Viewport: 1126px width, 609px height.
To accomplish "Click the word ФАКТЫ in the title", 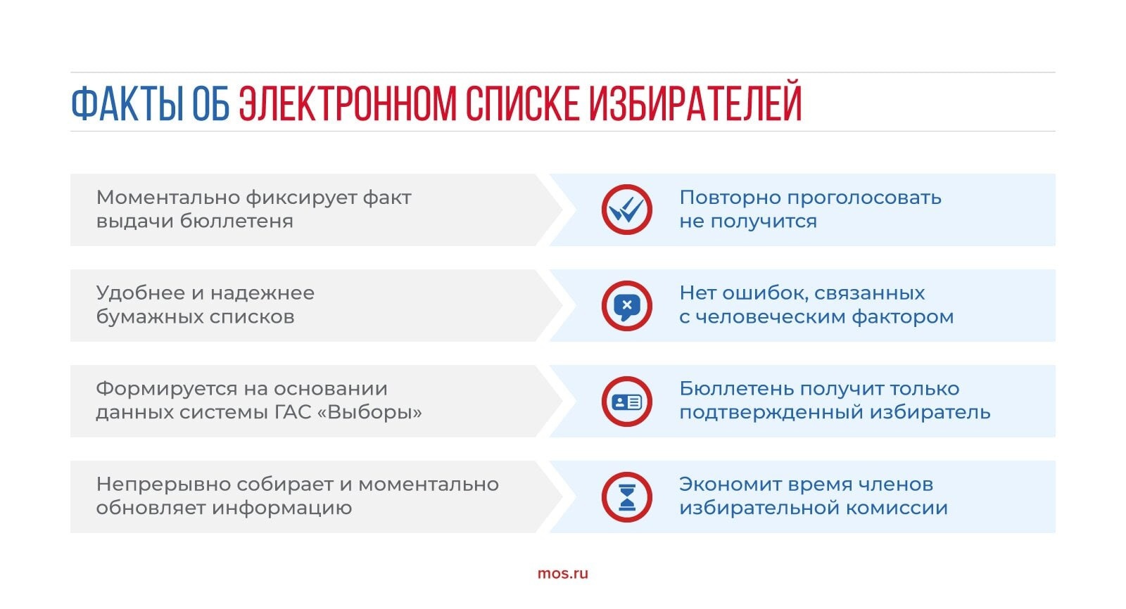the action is (127, 103).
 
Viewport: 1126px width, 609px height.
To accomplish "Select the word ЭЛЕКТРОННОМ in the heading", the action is (348, 103).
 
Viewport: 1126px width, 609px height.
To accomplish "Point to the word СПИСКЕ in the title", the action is (522, 103).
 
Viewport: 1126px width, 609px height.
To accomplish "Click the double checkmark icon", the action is (626, 210).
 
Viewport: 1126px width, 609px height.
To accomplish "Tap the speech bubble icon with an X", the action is (626, 305).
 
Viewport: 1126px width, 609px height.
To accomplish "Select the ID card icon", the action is (626, 402).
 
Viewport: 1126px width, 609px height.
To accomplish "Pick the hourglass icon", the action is (626, 497).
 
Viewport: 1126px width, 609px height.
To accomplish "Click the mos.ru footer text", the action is (562, 574).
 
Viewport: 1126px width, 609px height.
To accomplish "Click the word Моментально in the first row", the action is (168, 198).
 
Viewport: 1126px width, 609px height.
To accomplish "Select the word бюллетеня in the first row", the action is (236, 221).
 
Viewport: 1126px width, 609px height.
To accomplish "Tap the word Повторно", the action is (729, 198).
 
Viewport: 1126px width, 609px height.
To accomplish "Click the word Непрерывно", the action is (163, 485).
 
